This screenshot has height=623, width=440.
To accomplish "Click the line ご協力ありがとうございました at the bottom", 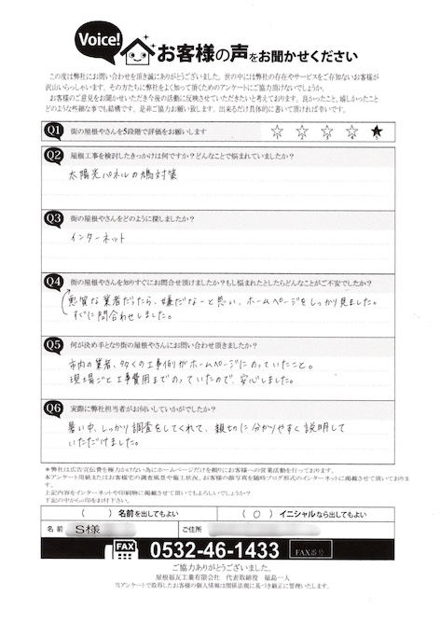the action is click(220, 568).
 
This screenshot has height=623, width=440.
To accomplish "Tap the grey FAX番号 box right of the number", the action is click(312, 550).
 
